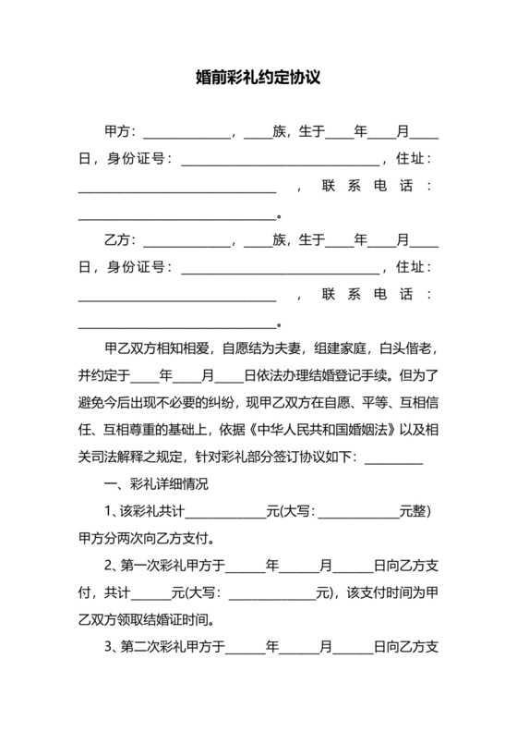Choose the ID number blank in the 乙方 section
tap(280, 269)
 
